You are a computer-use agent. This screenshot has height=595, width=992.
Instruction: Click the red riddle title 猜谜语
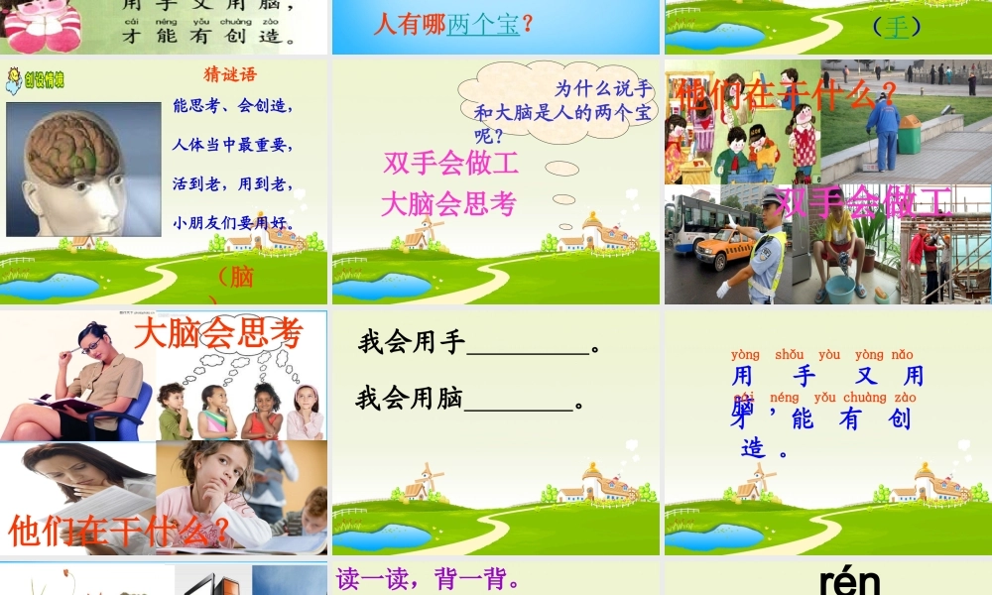click(229, 74)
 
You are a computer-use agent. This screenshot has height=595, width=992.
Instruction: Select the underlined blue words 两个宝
click(483, 24)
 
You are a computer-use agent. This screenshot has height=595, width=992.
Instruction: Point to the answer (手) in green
click(897, 27)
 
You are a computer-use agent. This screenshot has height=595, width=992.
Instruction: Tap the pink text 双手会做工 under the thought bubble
click(450, 163)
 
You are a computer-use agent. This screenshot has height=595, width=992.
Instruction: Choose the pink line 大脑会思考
click(448, 204)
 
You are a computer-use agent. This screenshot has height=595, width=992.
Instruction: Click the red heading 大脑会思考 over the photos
click(218, 333)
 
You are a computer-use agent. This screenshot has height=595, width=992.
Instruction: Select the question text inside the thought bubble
click(561, 110)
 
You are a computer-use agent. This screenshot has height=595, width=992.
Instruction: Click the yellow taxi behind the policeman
click(722, 247)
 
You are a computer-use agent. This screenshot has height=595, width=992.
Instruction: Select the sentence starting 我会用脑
click(469, 400)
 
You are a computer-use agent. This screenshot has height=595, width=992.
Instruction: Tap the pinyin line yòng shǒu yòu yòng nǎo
click(822, 355)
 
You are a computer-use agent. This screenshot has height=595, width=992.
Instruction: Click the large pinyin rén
click(850, 581)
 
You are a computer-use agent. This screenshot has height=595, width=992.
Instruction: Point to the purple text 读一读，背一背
click(429, 579)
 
